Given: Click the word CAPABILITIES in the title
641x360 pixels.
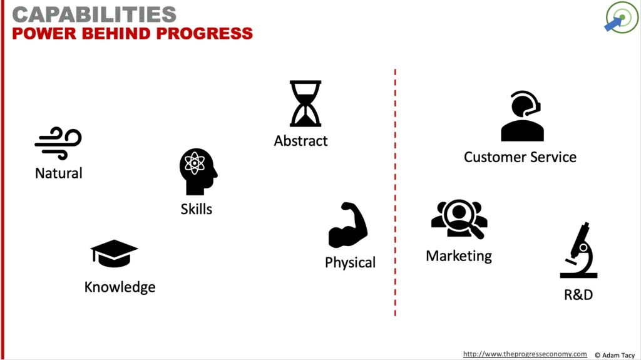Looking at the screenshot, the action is click(x=95, y=15).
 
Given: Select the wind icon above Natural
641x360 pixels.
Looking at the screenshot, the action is click(x=58, y=143).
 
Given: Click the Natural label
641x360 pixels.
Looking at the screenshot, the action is click(x=58, y=173).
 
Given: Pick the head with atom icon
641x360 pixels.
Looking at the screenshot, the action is click(x=198, y=172).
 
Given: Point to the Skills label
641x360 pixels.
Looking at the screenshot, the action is click(x=196, y=209).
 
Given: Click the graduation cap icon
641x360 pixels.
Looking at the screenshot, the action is click(x=114, y=254).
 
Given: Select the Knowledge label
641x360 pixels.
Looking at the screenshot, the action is click(x=120, y=287).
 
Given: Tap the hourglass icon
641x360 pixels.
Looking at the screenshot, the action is click(x=305, y=103).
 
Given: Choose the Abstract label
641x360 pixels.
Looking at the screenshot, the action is click(x=300, y=141).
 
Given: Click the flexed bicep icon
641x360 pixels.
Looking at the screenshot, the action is click(x=348, y=225).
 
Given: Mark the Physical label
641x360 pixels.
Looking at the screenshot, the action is click(x=350, y=262).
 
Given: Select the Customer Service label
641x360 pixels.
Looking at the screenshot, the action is click(x=520, y=157).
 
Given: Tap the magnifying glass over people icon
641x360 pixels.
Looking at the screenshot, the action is click(x=459, y=219).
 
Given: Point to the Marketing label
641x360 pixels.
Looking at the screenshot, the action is click(x=459, y=256).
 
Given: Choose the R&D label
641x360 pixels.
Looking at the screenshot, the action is click(x=578, y=294).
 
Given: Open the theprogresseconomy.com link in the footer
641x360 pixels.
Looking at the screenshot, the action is click(x=525, y=354).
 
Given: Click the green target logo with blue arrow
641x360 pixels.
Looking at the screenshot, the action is click(x=622, y=17).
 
